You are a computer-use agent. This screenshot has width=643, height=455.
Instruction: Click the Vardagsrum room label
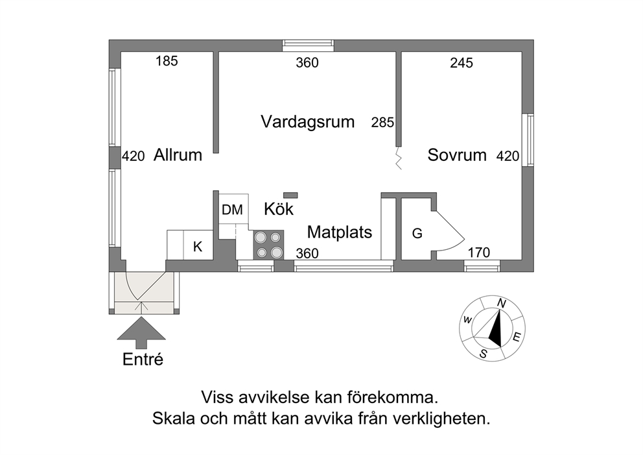point(307,122)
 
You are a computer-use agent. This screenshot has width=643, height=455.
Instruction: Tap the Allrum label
point(178,155)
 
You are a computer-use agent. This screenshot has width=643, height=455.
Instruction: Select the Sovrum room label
point(457,155)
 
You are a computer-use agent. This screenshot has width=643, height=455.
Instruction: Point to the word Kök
point(279,209)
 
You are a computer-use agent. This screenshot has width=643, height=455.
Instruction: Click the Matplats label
point(340,232)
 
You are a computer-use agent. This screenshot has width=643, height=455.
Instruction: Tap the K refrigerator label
point(198,247)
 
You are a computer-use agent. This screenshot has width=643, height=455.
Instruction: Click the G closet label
point(417,233)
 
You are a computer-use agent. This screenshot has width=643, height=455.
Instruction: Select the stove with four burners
point(268,245)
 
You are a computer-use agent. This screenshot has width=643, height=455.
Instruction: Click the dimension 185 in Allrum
point(167,61)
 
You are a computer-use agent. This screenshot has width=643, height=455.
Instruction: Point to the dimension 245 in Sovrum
point(462,63)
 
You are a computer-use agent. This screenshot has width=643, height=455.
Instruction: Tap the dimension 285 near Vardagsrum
point(382,123)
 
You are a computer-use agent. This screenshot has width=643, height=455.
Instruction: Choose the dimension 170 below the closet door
point(479,252)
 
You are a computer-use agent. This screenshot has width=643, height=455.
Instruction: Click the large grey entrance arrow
point(141,332)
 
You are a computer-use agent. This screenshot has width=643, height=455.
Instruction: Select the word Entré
point(143,360)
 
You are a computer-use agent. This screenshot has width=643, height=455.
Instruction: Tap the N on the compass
point(502,303)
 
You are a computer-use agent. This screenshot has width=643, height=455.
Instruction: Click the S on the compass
point(484,354)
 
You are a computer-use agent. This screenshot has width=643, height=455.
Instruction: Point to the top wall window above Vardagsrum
point(308,45)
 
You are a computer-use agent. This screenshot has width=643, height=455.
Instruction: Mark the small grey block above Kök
point(291,195)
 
